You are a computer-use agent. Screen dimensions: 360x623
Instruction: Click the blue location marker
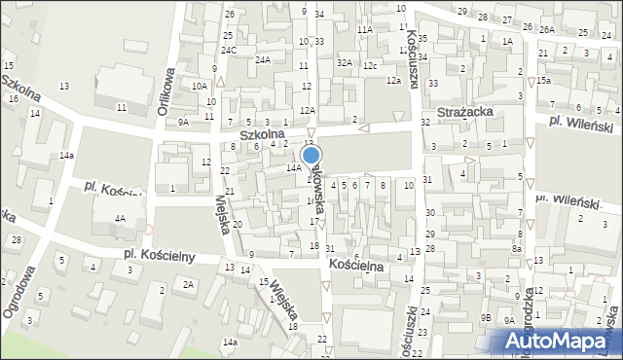[311, 156]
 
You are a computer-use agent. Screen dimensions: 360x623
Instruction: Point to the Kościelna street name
[356, 265]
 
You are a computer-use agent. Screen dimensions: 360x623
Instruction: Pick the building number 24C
[229, 50]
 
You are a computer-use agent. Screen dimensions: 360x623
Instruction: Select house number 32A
[344, 62]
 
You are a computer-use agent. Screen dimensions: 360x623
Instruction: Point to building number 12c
[370, 65]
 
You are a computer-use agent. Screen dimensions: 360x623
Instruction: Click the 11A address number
[364, 30]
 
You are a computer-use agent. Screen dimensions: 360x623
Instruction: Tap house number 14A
[293, 167]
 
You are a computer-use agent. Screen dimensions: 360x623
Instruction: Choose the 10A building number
[199, 87]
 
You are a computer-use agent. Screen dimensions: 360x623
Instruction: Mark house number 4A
[119, 219]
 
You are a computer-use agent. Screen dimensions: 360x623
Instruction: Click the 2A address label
[188, 283]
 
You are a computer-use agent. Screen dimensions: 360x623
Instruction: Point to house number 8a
[518, 249]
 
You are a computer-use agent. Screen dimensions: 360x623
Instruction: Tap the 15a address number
[542, 80]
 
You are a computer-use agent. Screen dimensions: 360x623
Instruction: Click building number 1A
[507, 42]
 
